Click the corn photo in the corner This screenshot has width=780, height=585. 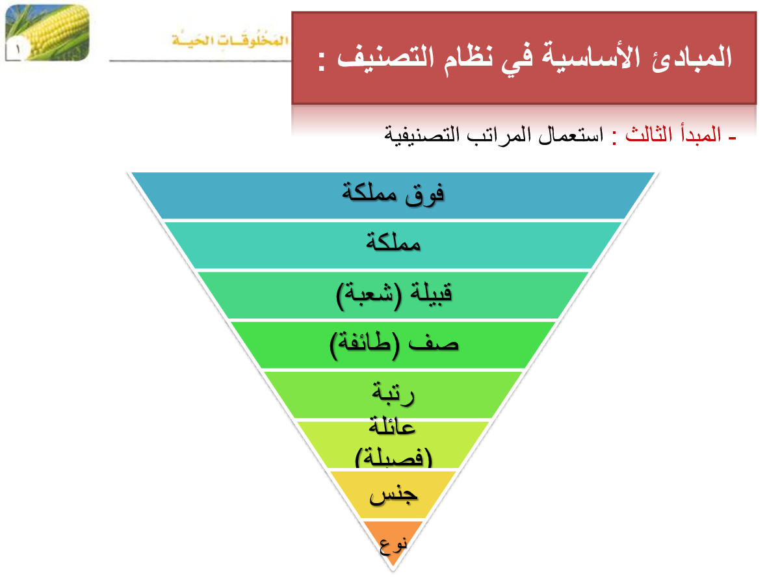coord(47,32)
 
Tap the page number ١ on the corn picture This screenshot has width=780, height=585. coord(18,49)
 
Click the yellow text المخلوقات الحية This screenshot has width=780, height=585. coord(229,39)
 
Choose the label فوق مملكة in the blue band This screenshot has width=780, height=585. coord(393,194)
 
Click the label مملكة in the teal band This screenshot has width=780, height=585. coord(393,242)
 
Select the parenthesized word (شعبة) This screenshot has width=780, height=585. coord(369,295)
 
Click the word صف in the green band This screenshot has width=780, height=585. coord(433,343)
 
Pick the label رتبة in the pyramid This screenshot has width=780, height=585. coord(393,393)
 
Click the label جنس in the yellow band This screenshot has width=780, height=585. coord(393,495)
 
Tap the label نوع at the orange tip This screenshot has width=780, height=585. coord(393,546)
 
